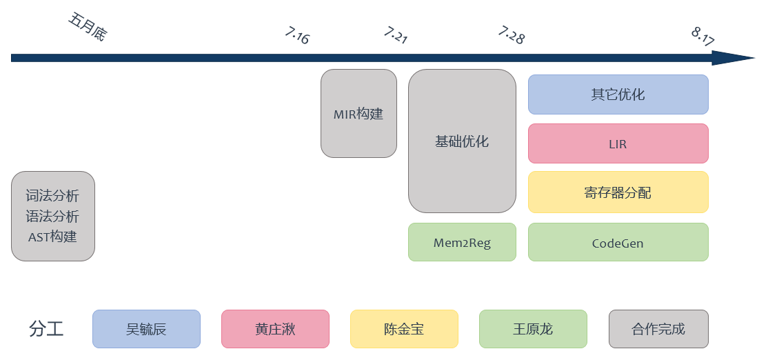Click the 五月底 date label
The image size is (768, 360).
88,27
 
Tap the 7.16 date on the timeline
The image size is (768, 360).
297,35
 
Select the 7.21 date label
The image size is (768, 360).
396,35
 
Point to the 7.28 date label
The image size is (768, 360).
511,35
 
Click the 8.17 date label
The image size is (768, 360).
703,37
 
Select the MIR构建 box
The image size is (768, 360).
358,114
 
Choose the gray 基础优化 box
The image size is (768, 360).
462,141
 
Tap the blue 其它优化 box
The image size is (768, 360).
618,94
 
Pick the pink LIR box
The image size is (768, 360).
618,144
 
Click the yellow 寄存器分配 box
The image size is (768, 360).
618,192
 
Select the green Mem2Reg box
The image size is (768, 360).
462,243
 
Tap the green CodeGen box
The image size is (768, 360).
618,243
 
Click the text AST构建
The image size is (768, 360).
52,237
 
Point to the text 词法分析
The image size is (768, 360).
52,196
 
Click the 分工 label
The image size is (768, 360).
47,329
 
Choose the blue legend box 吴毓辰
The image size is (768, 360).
146,329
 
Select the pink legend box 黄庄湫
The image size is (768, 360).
275,329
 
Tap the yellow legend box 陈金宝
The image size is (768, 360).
404,329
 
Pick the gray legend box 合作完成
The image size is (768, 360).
658,329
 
